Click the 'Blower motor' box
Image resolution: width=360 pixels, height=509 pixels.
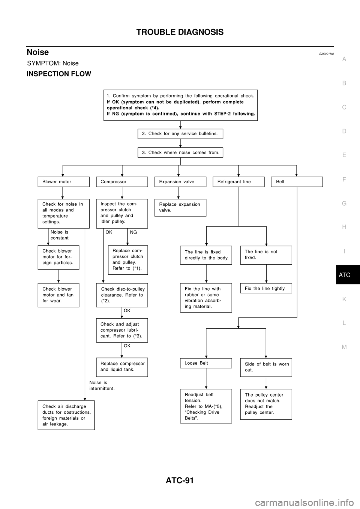coord(63,182)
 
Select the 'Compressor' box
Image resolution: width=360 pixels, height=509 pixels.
coord(122,182)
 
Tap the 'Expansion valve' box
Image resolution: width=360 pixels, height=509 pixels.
coord(180,182)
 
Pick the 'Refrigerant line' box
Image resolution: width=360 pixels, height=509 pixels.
coord(238,182)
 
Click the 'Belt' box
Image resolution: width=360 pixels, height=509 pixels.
coord(297,182)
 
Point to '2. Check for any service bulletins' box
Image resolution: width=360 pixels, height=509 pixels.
coord(180,134)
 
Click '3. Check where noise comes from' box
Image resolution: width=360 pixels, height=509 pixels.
coord(180,153)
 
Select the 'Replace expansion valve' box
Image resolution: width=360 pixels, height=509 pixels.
coord(180,207)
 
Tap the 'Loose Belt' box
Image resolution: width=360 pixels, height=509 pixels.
coord(206,363)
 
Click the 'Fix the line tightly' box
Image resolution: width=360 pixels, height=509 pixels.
coord(266,289)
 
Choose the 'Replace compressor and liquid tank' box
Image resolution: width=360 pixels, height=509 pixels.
coord(122,367)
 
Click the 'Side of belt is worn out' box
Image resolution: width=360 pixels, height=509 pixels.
coord(266,367)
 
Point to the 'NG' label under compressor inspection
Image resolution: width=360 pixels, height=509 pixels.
coord(133,232)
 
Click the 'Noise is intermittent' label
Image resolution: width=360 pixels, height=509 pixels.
coord(102,386)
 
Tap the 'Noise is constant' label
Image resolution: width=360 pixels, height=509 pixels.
coord(60,235)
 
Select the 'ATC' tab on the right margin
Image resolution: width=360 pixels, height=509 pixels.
coord(344,275)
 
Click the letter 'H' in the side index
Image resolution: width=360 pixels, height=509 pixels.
coord(344,227)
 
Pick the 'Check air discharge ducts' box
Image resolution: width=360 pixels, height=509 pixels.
coord(66,415)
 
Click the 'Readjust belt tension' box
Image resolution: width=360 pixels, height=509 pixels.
coord(206,406)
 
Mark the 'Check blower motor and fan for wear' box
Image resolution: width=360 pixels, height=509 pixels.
coord(58,295)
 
